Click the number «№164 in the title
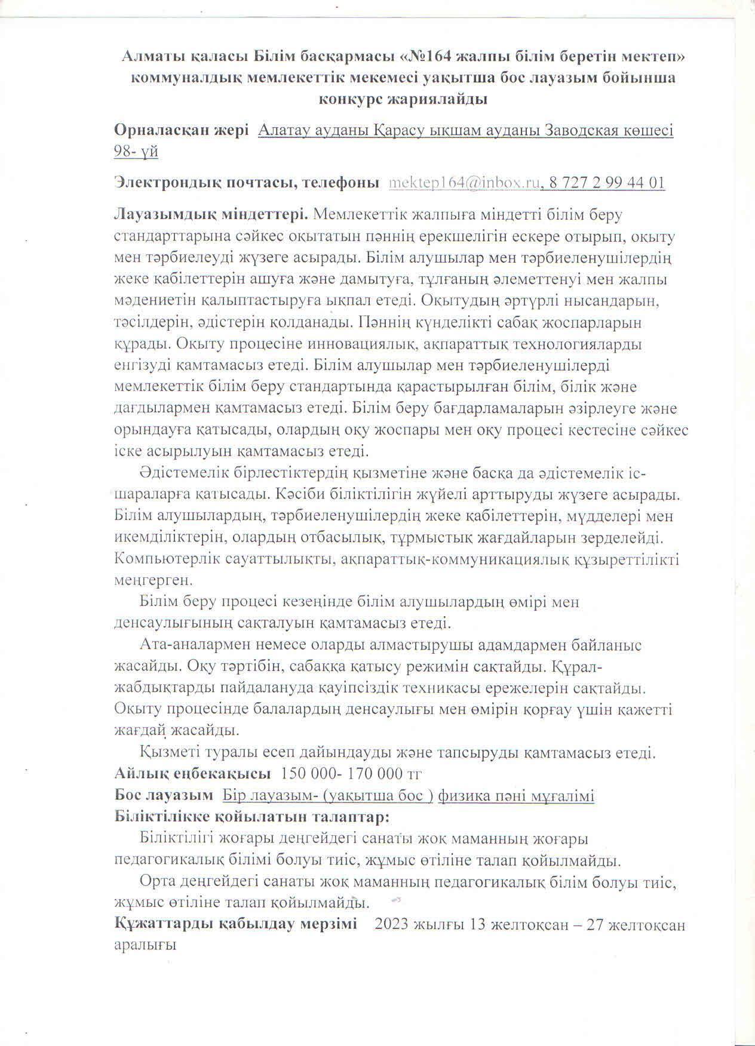[x=428, y=57]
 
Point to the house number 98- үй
[x=136, y=152]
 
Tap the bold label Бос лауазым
[x=164, y=796]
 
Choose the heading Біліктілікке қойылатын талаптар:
[x=253, y=817]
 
